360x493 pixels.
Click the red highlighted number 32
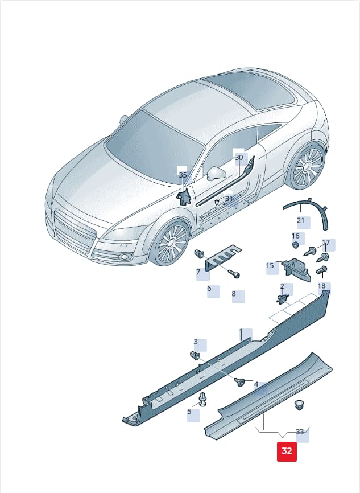(x=287, y=451)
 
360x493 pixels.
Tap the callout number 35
(x=183, y=175)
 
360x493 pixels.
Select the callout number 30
(x=239, y=158)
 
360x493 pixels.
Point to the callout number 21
(x=301, y=220)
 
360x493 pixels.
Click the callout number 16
(x=295, y=236)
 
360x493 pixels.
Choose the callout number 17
(x=326, y=243)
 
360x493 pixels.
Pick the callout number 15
(x=270, y=266)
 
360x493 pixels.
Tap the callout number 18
(x=322, y=286)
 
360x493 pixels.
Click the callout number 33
(x=300, y=432)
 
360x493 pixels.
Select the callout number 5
(x=189, y=411)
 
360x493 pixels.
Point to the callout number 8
(x=234, y=294)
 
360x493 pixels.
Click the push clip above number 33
(x=299, y=405)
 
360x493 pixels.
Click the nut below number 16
(x=295, y=245)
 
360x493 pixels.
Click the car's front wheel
(x=172, y=242)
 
